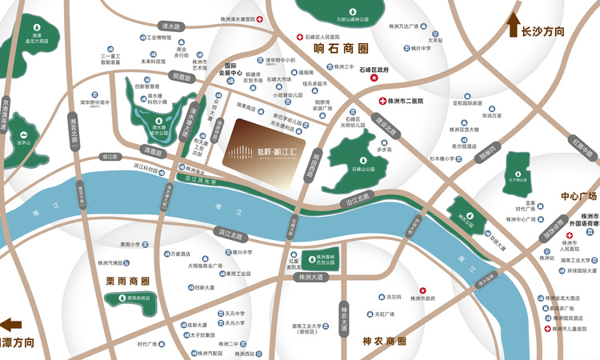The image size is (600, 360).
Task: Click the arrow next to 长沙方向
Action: click(512, 26)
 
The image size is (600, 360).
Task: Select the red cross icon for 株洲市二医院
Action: click(382, 102)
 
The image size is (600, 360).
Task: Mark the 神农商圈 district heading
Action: click(385, 340)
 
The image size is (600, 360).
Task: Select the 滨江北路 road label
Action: click(229, 232)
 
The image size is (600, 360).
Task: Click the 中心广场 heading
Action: click(579, 196)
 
